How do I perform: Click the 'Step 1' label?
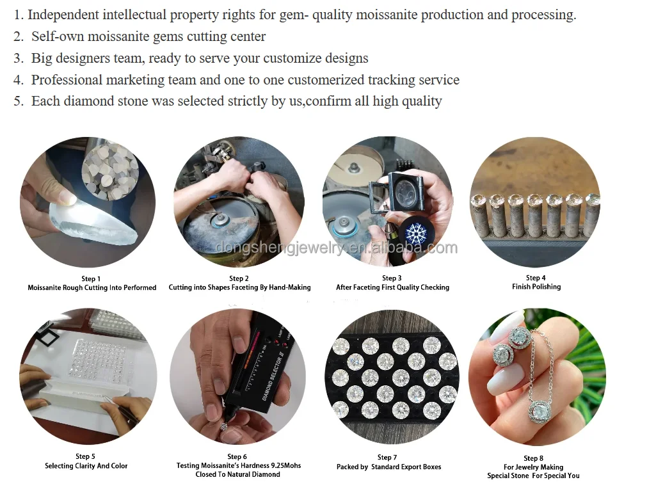tap(91, 278)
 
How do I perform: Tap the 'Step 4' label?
tap(536, 278)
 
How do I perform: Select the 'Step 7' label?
tap(387, 458)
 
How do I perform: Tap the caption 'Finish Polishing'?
tap(536, 287)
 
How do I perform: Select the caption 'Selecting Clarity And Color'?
tap(86, 466)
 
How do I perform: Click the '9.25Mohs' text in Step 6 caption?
tap(286, 465)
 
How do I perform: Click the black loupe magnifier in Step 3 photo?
tap(395, 191)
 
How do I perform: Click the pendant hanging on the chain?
tap(544, 412)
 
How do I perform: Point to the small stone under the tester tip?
tap(223, 426)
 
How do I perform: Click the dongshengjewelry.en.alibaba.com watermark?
tap(337, 248)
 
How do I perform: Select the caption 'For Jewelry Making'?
tap(534, 467)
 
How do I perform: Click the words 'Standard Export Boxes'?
tap(406, 467)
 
